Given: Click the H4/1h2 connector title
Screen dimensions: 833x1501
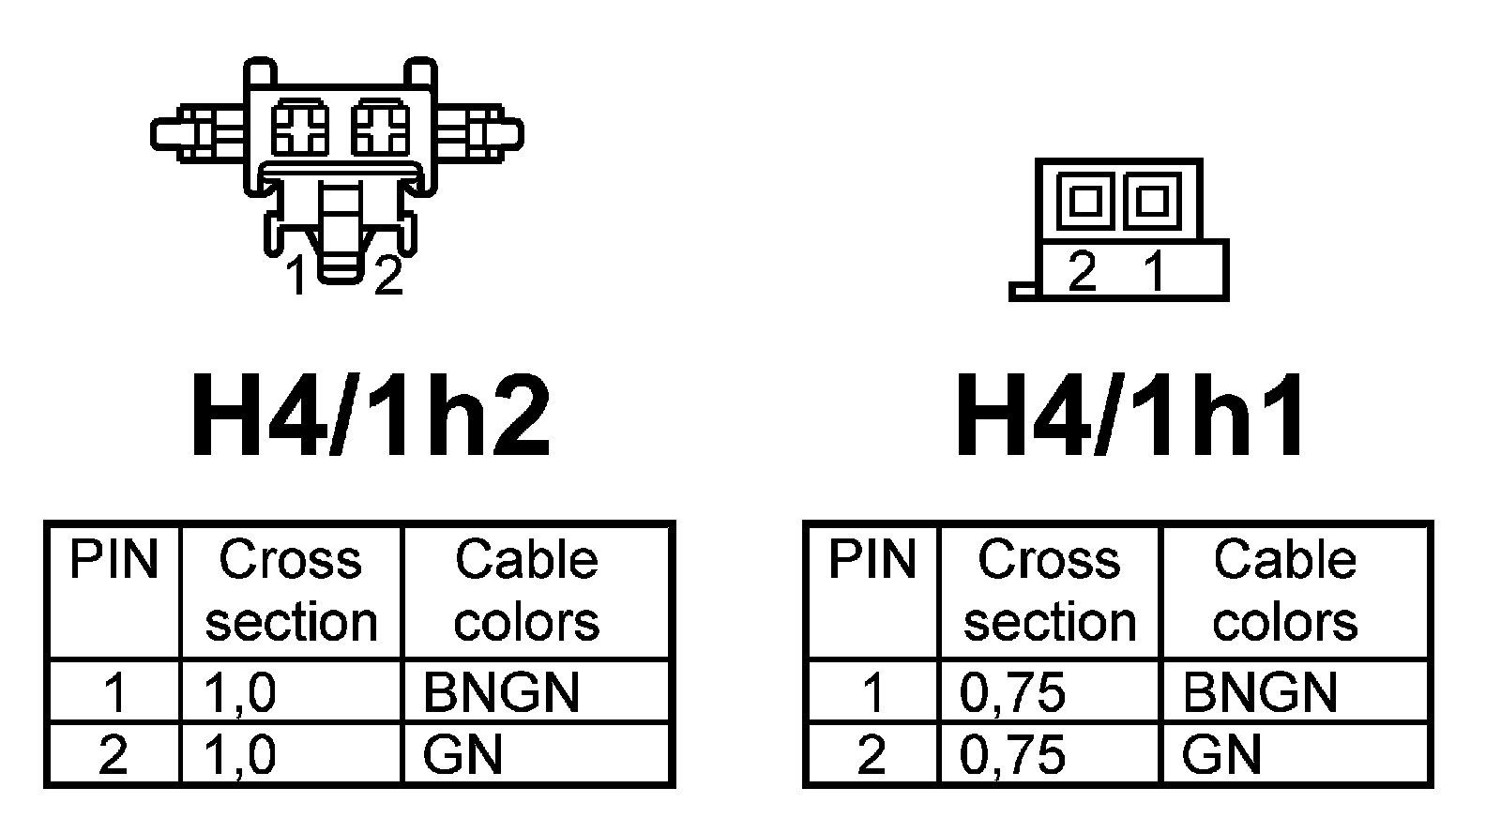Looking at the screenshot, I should (x=370, y=416).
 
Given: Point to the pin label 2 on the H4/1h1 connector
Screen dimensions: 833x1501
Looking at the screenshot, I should (x=1082, y=272).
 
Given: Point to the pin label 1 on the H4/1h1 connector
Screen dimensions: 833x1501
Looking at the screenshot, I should (x=1155, y=272).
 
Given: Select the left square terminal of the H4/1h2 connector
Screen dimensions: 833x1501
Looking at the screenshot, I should (x=300, y=129).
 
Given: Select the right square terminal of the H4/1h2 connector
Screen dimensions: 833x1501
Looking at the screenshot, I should (x=380, y=129).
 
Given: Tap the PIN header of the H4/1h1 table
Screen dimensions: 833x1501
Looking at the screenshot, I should (x=872, y=560).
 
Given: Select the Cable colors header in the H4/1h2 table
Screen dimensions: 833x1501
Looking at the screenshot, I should (x=526, y=591).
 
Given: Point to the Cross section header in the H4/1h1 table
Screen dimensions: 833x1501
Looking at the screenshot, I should (x=1050, y=591).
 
